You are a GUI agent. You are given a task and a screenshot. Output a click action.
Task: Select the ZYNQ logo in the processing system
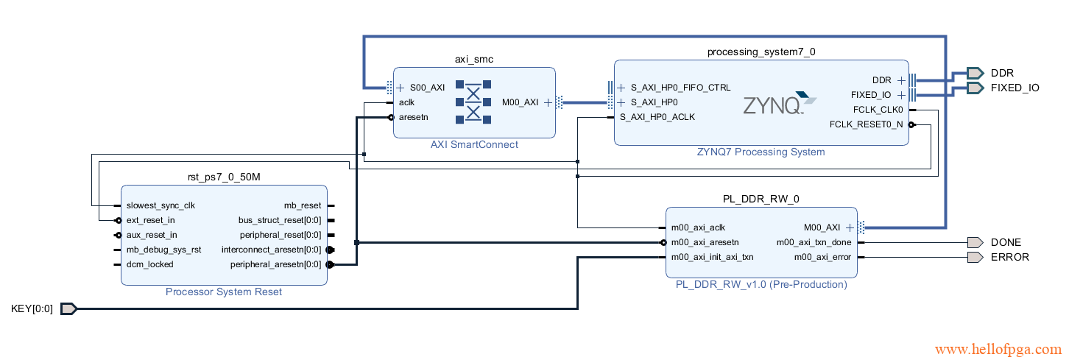click(779, 104)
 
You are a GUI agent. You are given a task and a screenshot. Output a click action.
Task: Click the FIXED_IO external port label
click(1015, 88)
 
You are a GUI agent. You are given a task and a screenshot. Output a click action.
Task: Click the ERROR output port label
click(1010, 257)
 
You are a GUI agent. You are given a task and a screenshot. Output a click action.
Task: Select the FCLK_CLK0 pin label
click(878, 110)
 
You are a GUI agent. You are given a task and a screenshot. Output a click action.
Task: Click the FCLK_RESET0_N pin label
click(866, 124)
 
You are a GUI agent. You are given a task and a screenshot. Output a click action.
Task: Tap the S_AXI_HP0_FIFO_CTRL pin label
click(681, 88)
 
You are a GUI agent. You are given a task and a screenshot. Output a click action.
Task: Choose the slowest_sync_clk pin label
click(160, 205)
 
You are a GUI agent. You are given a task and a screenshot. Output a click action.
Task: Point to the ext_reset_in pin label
click(151, 220)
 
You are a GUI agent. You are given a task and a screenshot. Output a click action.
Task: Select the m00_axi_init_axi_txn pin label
click(712, 257)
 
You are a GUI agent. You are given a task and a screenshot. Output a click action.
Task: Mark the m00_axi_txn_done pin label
click(813, 242)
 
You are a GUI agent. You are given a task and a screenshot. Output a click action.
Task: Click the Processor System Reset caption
click(224, 292)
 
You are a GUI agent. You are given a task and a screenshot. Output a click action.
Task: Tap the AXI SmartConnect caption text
click(474, 145)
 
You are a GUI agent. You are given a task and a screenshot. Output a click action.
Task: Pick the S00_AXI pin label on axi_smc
click(427, 88)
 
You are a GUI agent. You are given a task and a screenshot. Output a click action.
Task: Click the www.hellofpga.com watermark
click(998, 350)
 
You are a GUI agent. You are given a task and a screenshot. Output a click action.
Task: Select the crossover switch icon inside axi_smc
click(473, 102)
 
